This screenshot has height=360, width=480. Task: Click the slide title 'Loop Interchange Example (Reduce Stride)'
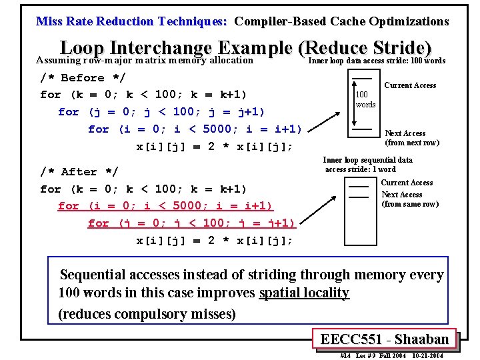246,49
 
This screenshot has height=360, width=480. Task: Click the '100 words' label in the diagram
365,99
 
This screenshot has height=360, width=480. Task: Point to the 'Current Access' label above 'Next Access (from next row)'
410,85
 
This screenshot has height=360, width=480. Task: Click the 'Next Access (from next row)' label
411,138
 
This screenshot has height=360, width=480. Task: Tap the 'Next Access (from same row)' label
409,199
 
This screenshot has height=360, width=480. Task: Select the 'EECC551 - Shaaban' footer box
384,339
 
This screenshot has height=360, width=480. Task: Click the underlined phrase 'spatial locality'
304,293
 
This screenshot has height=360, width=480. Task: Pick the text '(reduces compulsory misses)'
147,313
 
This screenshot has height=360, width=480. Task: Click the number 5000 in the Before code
226,129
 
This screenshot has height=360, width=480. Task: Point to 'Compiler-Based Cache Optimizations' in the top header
341,21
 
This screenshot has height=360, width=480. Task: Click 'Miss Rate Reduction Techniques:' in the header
131,21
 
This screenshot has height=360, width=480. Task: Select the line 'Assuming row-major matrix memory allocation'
145,61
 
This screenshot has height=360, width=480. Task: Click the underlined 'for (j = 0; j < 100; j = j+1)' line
191,223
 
